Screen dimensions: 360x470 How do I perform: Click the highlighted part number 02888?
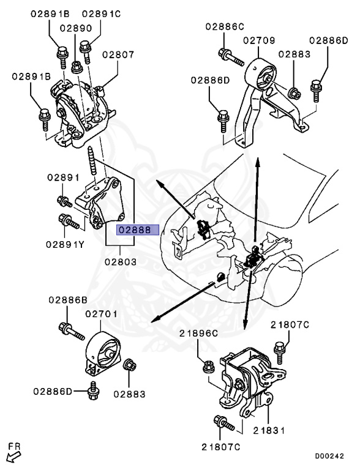tap(135, 230)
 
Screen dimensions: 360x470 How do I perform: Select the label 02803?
tap(121, 262)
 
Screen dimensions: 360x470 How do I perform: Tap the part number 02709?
tap(259, 40)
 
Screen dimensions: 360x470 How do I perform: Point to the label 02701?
tap(102, 314)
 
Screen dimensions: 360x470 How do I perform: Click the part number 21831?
tap(269, 430)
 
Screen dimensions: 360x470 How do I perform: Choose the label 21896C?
tap(198, 333)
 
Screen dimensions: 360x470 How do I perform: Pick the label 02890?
tap(76, 28)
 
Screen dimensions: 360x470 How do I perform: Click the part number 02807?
tap(118, 54)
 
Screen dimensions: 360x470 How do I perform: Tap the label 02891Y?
tap(65, 244)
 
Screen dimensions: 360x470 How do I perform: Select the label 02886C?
tap(225, 27)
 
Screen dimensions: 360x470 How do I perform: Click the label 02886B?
tap(68, 300)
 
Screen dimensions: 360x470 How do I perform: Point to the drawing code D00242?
tap(329, 456)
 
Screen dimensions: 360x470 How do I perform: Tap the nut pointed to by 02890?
tap(77, 67)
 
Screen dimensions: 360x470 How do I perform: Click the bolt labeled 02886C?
tap(231, 58)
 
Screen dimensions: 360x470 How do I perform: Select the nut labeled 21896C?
tap(209, 367)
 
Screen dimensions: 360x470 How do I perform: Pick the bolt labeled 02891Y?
tap(69, 221)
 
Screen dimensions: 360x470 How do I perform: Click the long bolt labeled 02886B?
tap(72, 331)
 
